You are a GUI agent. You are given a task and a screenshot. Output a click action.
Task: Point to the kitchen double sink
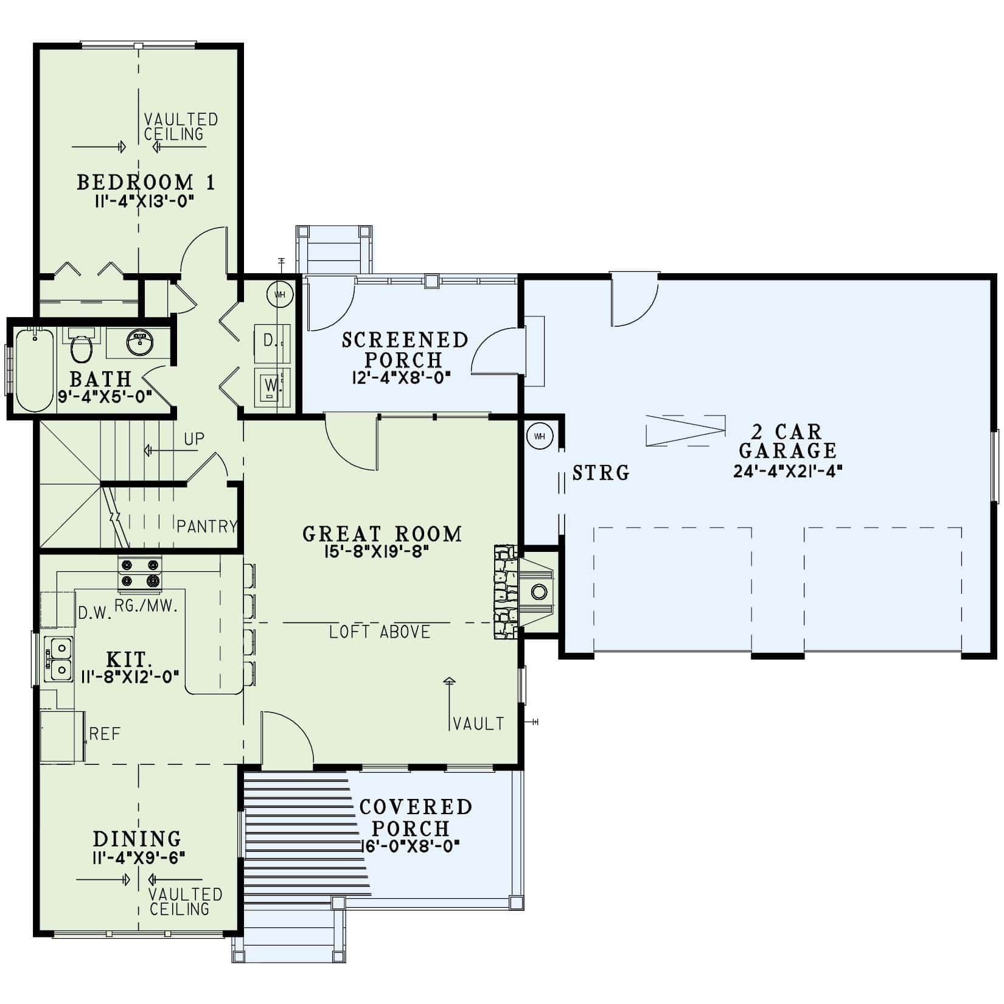(59, 658)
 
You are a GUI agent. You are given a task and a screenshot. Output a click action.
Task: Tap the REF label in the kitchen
(105, 734)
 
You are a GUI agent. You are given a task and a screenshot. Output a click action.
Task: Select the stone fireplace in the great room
(505, 591)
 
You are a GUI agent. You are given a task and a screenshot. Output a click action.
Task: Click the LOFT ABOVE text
(380, 632)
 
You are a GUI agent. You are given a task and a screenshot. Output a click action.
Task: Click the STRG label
(601, 473)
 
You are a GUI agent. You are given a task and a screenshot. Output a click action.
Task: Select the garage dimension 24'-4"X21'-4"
(787, 471)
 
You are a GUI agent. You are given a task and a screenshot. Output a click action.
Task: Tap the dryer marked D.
(271, 341)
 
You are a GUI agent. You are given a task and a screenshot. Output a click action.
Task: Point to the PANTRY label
(206, 526)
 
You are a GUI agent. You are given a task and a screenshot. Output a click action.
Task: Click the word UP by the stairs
(194, 439)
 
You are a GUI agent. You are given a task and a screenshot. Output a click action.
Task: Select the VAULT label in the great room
(478, 723)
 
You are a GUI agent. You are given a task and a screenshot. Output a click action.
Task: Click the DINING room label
(137, 838)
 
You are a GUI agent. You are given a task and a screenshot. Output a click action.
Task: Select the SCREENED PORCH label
(405, 349)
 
